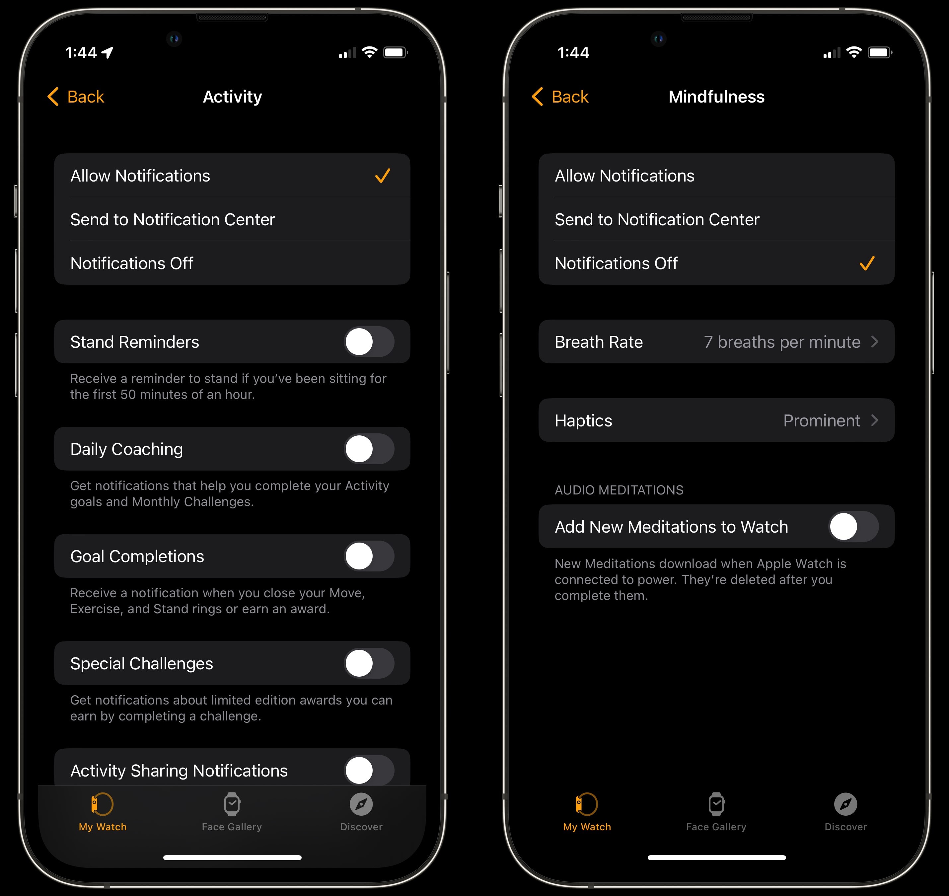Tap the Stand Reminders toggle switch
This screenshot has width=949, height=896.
click(369, 341)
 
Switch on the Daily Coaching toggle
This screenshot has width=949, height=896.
click(369, 449)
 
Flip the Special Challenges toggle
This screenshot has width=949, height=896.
click(369, 663)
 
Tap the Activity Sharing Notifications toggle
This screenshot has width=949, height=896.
click(369, 770)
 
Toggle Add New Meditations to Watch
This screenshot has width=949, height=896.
click(853, 526)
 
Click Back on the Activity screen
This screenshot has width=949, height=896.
click(75, 97)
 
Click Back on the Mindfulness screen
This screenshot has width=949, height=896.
click(560, 97)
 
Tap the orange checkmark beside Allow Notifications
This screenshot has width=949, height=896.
click(383, 176)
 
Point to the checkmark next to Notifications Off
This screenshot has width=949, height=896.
click(867, 263)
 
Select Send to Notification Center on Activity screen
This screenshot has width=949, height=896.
click(173, 219)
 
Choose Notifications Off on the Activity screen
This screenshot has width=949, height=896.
click(132, 263)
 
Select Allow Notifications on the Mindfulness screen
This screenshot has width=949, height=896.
click(625, 176)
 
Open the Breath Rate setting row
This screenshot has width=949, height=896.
click(716, 341)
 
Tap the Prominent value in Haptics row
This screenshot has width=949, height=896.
click(822, 420)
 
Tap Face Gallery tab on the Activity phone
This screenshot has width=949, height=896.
click(232, 812)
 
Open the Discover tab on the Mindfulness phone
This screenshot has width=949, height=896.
click(845, 812)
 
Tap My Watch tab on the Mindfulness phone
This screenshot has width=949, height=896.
click(587, 812)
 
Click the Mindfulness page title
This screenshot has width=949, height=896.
click(716, 97)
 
